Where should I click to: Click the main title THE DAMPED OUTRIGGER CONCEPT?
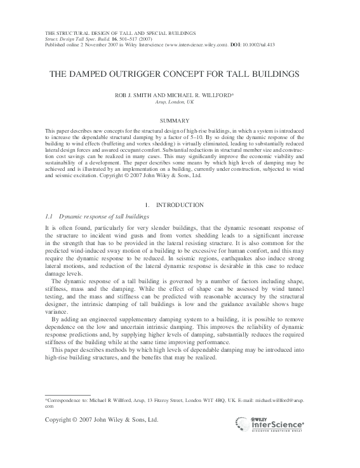pos(179,74)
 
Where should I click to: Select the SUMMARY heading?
pos(180,121)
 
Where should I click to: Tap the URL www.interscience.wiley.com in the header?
pos(196,46)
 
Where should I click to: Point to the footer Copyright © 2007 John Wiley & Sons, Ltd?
pos(101,420)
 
